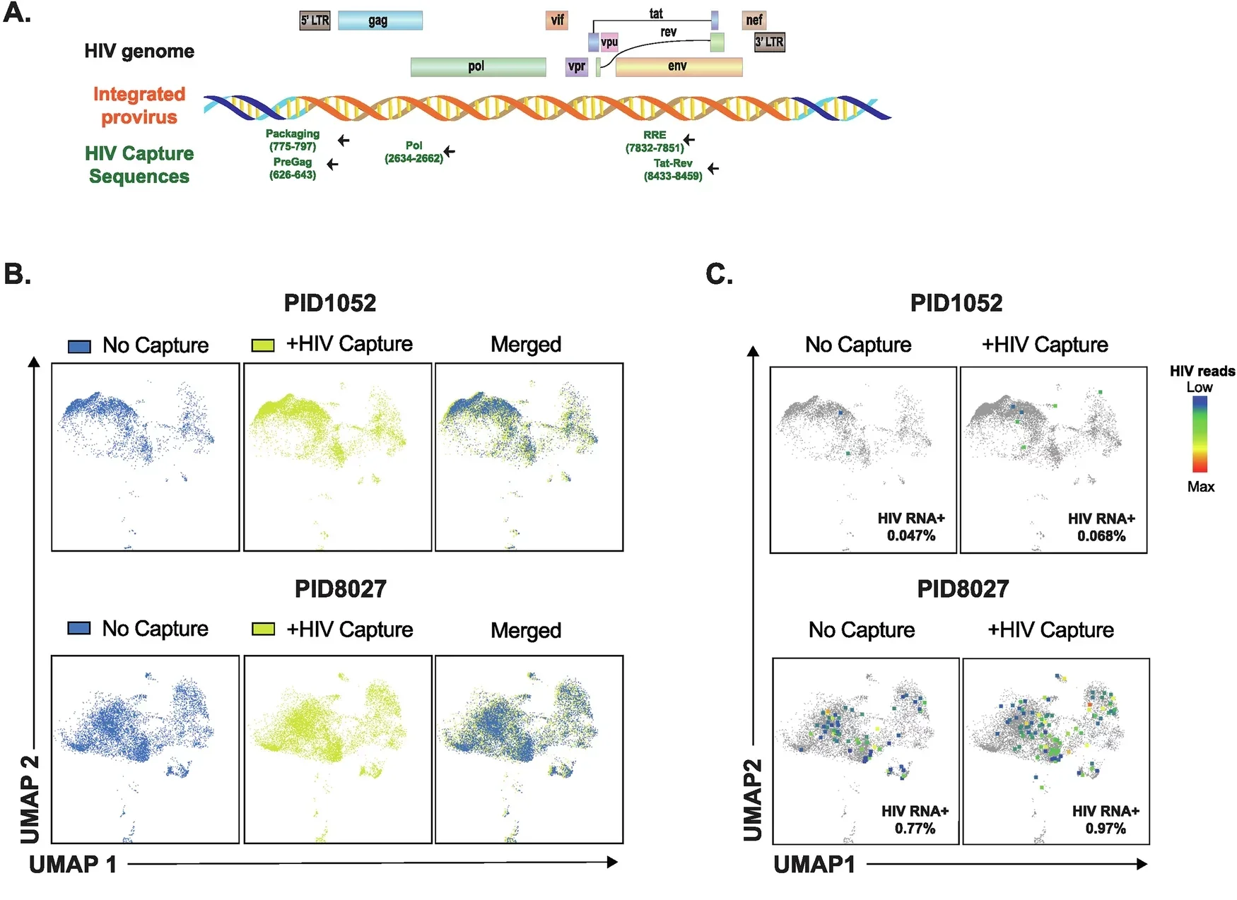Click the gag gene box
380,20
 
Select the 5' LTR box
315,20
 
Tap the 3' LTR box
769,42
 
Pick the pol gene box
478,66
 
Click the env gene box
679,66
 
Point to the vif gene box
557,20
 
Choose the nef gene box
754,20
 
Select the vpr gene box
577,66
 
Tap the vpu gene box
609,42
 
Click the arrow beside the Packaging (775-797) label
344,141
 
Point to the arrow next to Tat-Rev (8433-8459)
713,168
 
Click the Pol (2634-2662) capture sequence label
414,152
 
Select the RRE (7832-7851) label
655,141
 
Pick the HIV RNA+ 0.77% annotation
915,819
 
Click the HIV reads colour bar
1200,434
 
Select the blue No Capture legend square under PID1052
79,346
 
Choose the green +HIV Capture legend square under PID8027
263,629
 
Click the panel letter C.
718,274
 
